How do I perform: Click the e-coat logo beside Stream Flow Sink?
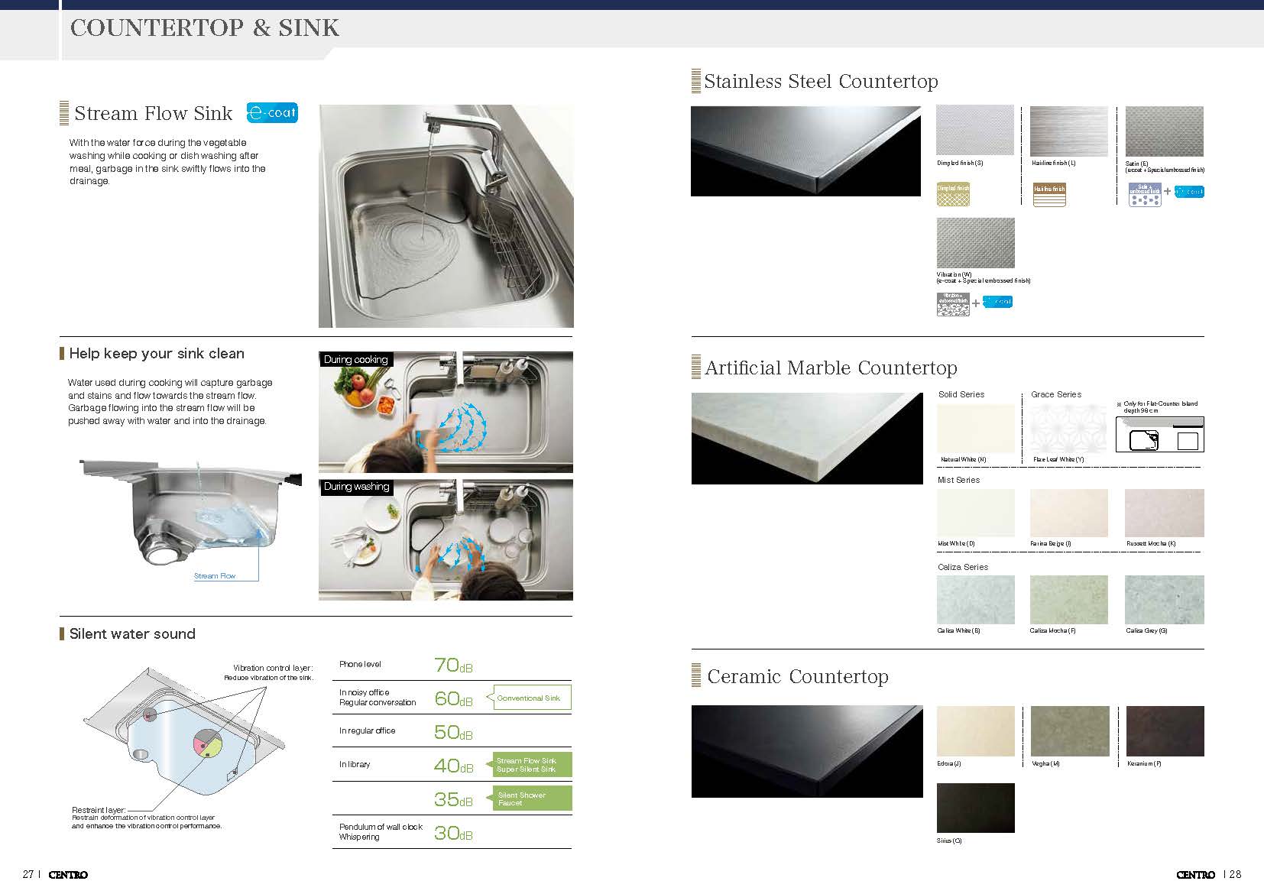(272, 113)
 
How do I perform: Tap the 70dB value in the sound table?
(453, 666)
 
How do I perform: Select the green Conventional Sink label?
(531, 698)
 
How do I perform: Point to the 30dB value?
(453, 833)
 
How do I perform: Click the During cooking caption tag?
(356, 359)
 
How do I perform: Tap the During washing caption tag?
(357, 487)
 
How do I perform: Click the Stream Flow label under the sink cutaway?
(215, 576)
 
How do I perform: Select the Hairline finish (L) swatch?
(1068, 131)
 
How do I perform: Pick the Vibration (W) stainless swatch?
(975, 243)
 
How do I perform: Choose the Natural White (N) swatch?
(975, 428)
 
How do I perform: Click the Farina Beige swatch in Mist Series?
(1068, 513)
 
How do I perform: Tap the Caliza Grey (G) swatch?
(1163, 600)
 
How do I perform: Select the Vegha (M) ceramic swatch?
(1068, 731)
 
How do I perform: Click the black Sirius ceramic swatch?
(975, 808)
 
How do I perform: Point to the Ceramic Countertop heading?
(797, 676)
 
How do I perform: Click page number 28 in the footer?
(1235, 874)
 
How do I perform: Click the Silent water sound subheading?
(131, 633)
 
